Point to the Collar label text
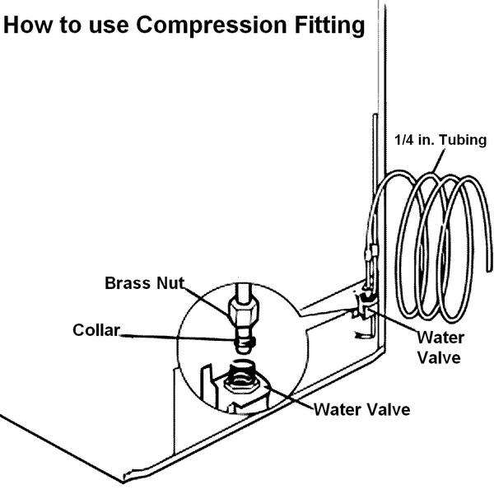[95, 330]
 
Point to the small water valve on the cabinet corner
[363, 310]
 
